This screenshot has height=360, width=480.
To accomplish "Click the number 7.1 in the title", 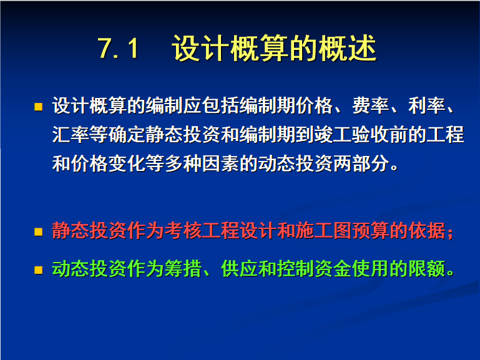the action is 118,48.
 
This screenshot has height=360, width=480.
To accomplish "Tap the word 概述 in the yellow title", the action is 347,48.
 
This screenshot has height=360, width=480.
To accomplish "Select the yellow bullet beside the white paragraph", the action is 38,107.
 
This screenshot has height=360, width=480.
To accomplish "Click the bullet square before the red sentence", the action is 38,231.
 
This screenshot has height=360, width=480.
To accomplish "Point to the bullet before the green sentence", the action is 38,270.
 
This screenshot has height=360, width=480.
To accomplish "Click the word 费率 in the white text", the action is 371,105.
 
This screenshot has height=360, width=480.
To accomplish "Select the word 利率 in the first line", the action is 426,105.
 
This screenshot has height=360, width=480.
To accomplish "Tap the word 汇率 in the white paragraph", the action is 71,135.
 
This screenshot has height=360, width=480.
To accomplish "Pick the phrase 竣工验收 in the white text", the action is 352,135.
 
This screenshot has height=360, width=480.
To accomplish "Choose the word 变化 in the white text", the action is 127,163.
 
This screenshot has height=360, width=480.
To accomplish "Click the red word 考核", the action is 183,230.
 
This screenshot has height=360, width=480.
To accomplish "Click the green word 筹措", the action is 183,269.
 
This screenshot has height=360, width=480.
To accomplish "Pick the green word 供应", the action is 239,269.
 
